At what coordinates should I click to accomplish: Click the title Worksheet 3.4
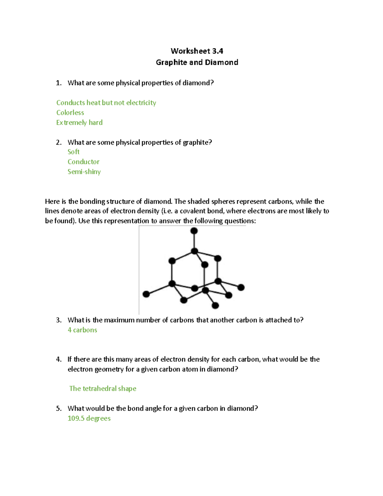197,51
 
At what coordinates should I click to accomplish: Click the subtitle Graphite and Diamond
197,62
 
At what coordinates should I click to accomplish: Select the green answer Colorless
70,113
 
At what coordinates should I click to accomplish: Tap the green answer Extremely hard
79,123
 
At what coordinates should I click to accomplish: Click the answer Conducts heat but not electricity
106,103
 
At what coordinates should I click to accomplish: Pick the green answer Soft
73,152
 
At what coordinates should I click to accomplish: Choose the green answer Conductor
83,162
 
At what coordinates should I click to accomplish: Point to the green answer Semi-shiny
84,172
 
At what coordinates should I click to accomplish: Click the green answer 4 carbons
82,330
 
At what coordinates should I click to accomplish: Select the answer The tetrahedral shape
103,389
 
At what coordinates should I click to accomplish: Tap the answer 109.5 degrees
89,418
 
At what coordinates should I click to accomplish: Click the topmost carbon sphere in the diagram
194,231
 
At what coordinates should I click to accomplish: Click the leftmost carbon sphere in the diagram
146,294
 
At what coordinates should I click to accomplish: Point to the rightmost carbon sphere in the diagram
241,287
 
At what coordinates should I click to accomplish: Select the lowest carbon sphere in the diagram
215,306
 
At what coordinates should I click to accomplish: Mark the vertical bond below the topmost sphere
194,241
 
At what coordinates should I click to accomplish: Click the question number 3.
58,320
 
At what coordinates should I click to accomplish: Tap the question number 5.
58,408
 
